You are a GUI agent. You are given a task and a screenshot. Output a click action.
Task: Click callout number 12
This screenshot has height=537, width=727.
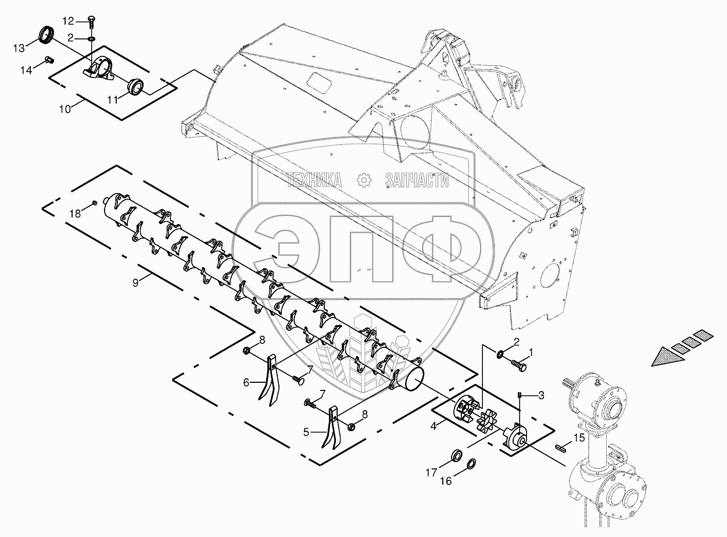[69, 22]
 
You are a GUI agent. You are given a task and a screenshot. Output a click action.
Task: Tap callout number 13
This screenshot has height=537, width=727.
[20, 46]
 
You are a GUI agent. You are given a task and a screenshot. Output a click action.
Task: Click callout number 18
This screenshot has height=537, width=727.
[74, 214]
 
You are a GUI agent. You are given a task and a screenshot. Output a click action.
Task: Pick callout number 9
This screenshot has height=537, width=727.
[135, 282]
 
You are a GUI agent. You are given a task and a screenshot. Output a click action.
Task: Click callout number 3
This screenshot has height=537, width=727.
[541, 396]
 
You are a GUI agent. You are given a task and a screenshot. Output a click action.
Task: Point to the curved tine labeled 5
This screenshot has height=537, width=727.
[332, 429]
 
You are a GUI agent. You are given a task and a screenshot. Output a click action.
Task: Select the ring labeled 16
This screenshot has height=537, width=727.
[471, 464]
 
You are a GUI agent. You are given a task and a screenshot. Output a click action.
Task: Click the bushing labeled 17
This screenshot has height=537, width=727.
[457, 453]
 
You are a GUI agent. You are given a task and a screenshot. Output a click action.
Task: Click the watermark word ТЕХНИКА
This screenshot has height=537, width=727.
[314, 181]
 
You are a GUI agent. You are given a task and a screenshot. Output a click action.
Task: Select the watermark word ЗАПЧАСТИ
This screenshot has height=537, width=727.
[417, 181]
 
